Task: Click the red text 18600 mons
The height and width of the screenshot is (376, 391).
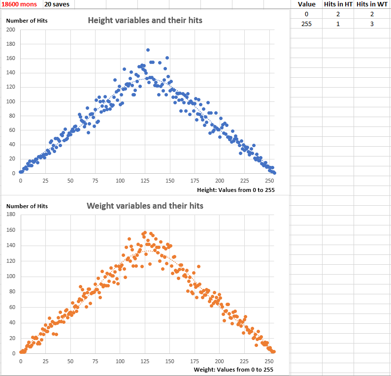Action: point(19,4)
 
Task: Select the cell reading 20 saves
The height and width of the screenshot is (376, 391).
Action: point(57,4)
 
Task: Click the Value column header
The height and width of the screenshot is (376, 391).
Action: point(306,4)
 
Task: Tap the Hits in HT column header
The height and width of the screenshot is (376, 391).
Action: point(338,4)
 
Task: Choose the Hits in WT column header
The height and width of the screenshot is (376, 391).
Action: point(372,4)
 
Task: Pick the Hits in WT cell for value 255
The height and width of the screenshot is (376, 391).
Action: point(372,24)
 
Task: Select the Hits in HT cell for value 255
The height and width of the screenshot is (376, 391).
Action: point(338,24)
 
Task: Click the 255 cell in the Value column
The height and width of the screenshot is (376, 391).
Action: point(306,24)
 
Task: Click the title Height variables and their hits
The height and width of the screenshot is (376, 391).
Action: point(145,21)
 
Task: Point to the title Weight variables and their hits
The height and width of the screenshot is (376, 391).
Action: point(145,206)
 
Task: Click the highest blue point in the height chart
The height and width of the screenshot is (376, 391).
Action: point(148,50)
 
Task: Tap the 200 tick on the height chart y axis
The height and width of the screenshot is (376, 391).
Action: point(11,30)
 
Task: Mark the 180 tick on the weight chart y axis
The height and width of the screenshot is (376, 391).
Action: point(11,214)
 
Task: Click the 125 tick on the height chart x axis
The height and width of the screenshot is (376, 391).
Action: point(145,181)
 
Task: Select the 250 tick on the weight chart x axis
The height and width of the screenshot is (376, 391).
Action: point(269,361)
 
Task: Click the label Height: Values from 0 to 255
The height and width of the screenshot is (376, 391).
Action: point(236,190)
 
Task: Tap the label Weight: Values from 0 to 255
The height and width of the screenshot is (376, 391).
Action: point(233,370)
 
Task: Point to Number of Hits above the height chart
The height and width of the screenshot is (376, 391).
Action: point(27,21)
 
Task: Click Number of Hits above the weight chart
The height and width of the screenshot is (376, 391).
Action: point(27,206)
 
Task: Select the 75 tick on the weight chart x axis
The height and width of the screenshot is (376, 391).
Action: point(95,361)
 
